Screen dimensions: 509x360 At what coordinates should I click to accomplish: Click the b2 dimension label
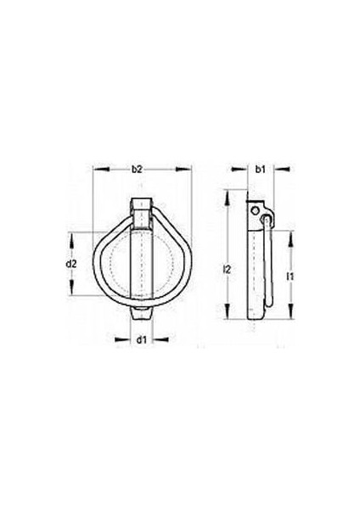pyautogui.click(x=138, y=171)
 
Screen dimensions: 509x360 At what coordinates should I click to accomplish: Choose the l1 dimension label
pyautogui.click(x=290, y=276)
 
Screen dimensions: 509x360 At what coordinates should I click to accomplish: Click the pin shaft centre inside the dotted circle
pyautogui.click(x=143, y=263)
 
